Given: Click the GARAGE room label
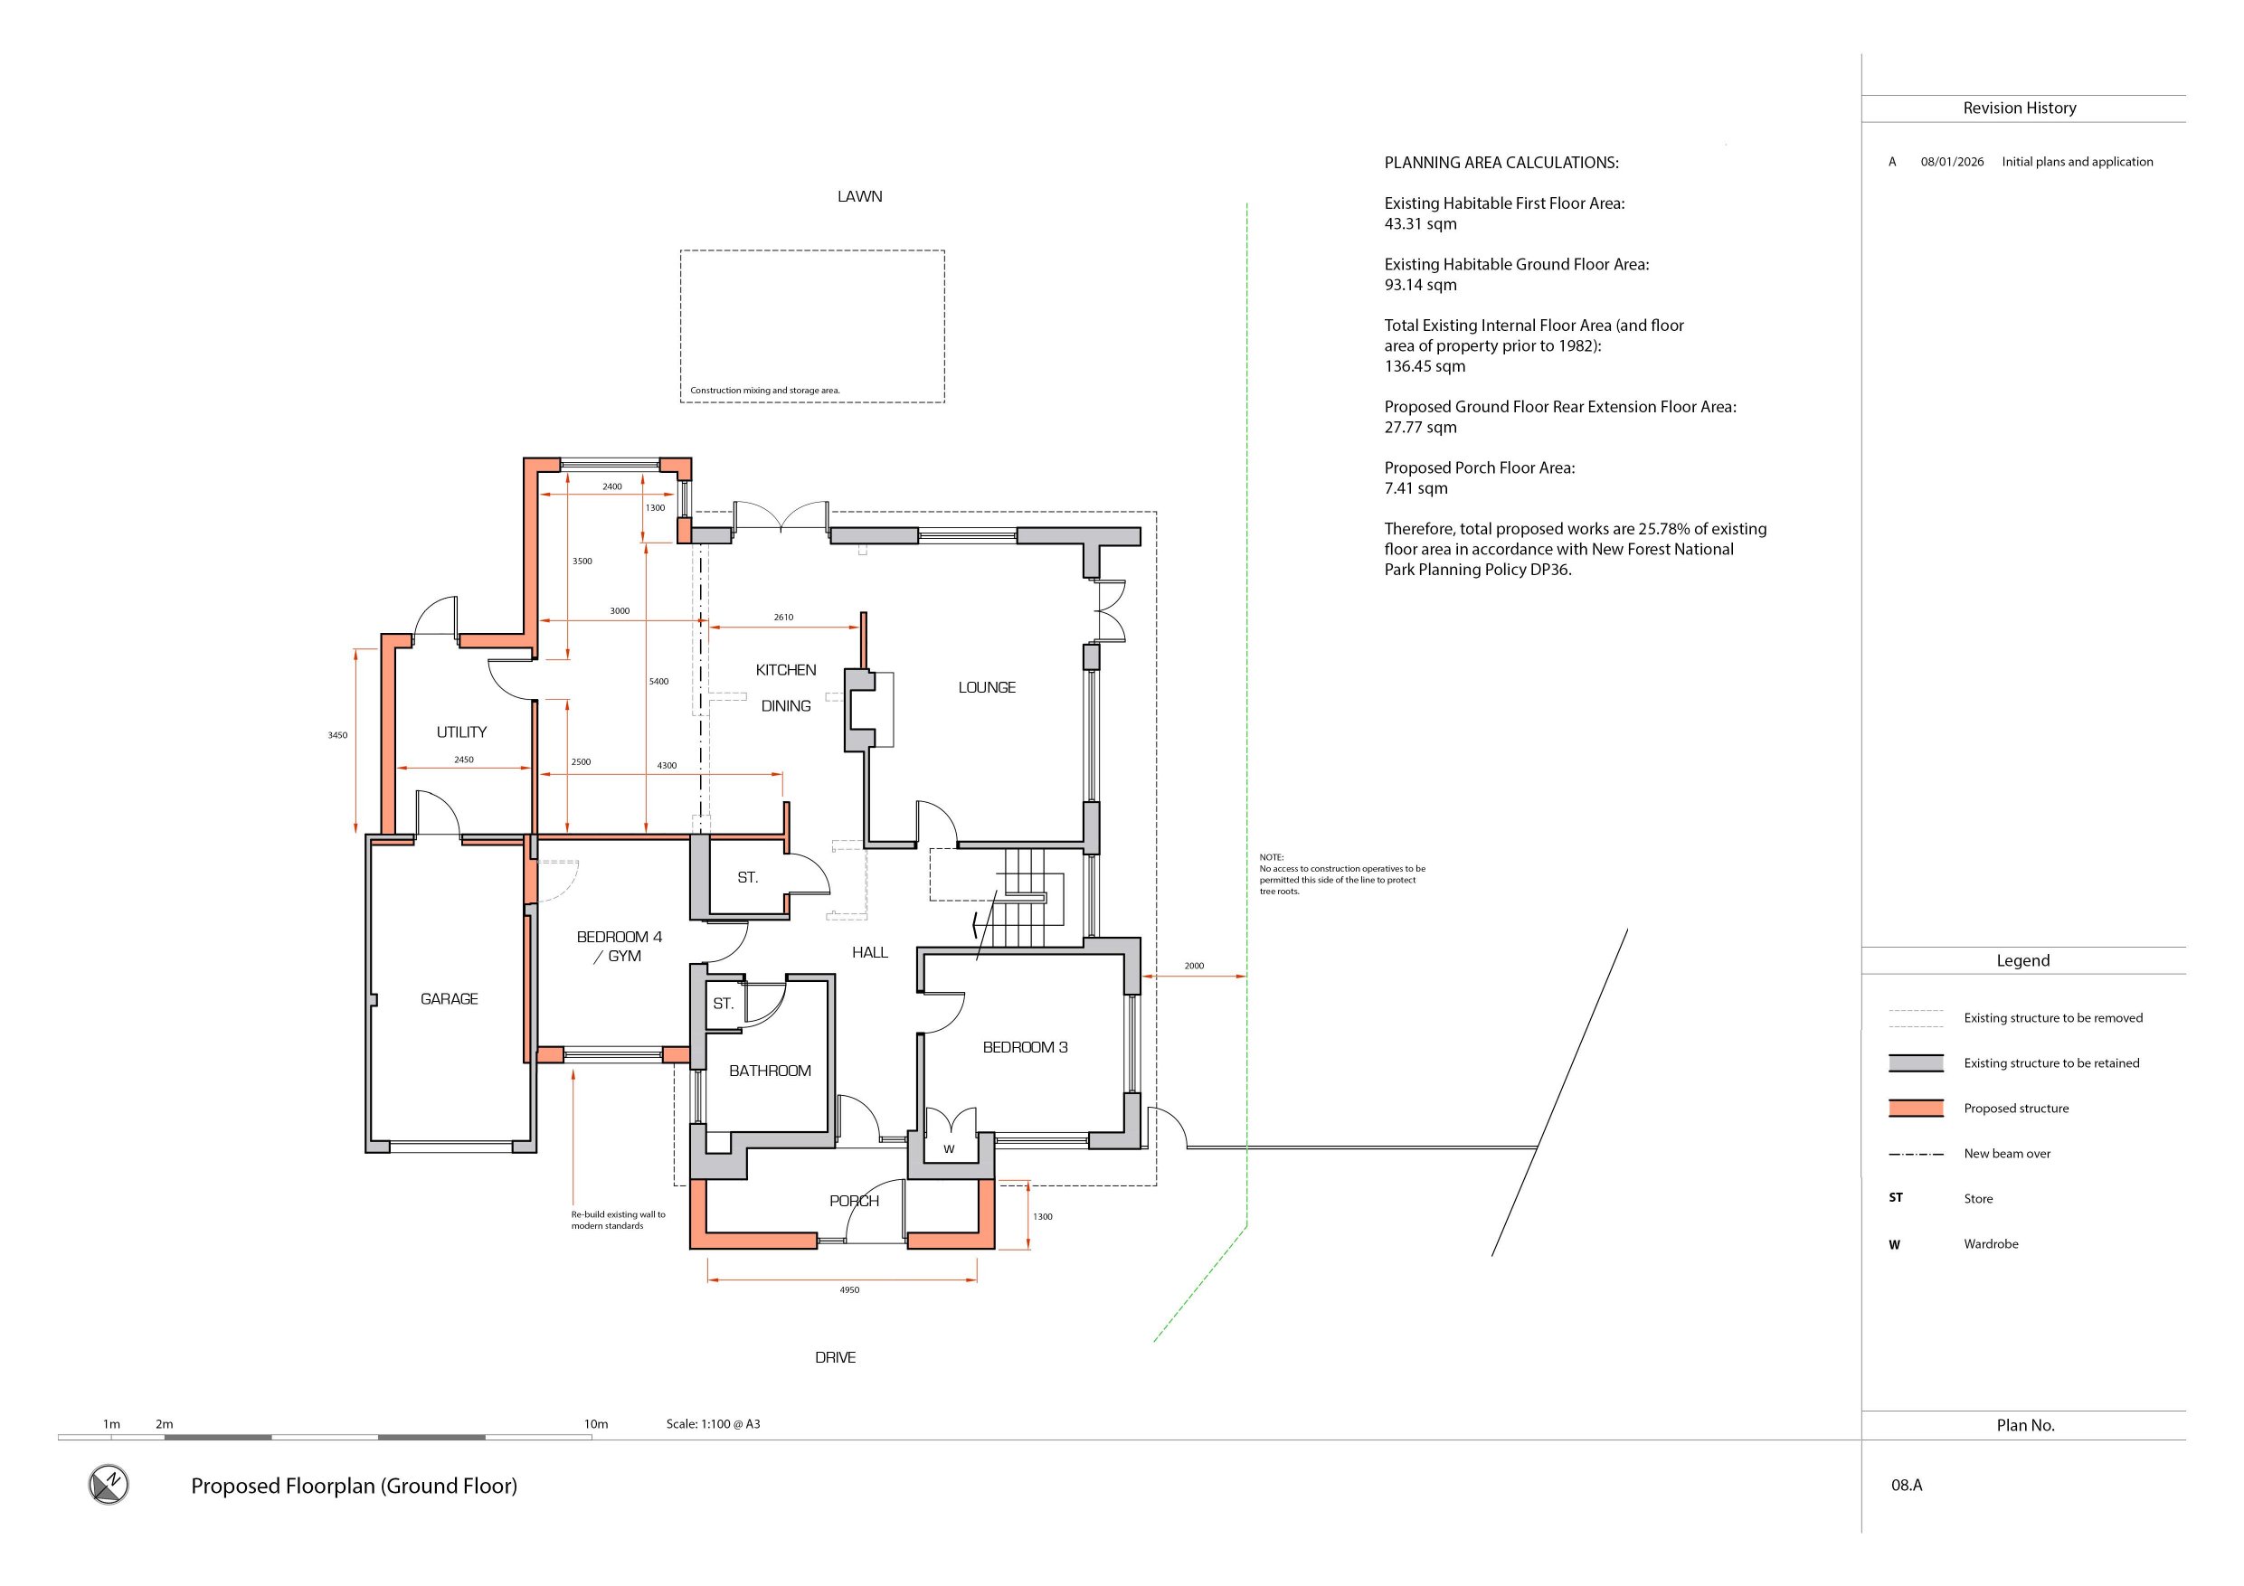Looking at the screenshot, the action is coord(449,998).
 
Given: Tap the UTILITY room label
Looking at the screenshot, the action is coord(461,732).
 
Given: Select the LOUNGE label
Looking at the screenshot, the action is coord(986,688).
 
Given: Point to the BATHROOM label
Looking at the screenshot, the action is coord(770,1071).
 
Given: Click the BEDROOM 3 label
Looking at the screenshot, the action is coord(1026,1048).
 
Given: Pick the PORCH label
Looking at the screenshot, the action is coord(854,1201).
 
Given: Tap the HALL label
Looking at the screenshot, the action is coord(870,953).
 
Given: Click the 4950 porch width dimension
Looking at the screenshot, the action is coord(849,1290).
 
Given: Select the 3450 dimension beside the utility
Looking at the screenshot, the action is coord(337,735).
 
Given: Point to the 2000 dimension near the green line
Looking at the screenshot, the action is coord(1194,966).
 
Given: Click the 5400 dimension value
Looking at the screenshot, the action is coord(658,681).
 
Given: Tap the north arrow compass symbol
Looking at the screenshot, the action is coord(109,1485).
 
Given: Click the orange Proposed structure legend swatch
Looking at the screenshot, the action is coord(1916,1109).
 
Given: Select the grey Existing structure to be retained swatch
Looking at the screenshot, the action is coord(1916,1063).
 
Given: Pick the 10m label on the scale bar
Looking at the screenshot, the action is coord(596,1424).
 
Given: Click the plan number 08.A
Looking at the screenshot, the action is coord(1907,1486).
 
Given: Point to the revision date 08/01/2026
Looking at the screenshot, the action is coord(1952,162).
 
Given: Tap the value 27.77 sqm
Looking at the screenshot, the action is coord(1420,427).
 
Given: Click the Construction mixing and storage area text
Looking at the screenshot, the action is coord(765,390).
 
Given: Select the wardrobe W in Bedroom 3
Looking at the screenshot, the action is coord(949,1149).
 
